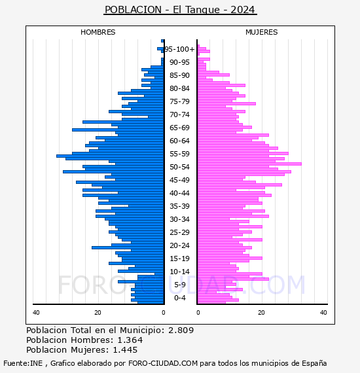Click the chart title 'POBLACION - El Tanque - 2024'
(180, 10)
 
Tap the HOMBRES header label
(98, 32)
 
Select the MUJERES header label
(262, 32)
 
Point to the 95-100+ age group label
(180, 49)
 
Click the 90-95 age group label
(179, 62)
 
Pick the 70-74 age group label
(179, 115)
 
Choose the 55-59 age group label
(179, 154)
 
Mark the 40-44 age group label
(179, 193)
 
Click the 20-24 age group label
(179, 245)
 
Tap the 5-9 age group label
(180, 285)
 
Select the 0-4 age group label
(180, 298)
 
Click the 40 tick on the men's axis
(36, 313)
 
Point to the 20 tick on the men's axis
(98, 313)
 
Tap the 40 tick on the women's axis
(323, 313)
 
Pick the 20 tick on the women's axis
(262, 313)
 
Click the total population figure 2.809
(181, 330)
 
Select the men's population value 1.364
(130, 340)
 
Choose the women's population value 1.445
(125, 350)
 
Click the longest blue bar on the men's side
(110, 156)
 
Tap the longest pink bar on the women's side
(249, 164)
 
